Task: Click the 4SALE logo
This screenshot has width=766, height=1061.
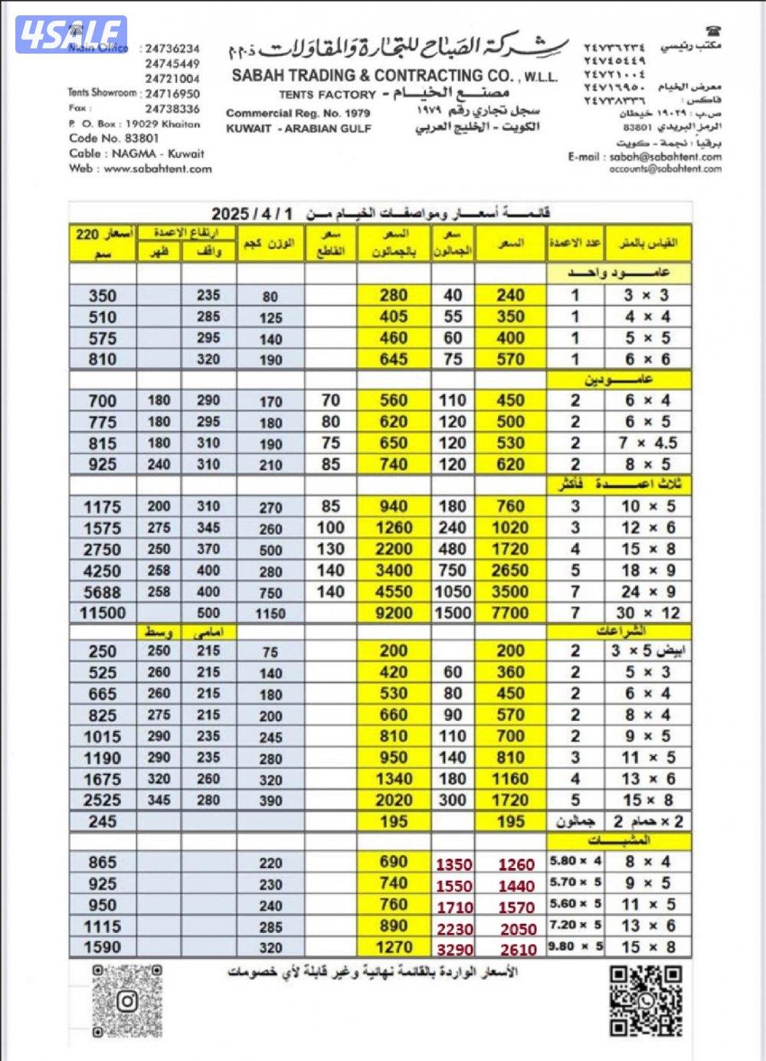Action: (x=71, y=34)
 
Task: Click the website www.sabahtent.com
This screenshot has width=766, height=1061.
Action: (x=158, y=169)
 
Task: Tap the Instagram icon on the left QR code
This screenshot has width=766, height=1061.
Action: (x=128, y=1001)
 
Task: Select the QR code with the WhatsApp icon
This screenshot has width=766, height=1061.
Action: (x=645, y=1000)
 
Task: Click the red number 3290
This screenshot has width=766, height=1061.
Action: (x=454, y=949)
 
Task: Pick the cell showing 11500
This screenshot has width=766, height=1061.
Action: (x=102, y=613)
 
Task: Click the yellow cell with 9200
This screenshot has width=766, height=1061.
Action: (x=394, y=613)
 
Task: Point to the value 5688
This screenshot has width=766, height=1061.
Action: (x=102, y=591)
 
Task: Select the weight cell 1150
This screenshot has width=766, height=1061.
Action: (x=270, y=614)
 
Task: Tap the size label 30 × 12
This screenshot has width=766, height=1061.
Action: (x=647, y=613)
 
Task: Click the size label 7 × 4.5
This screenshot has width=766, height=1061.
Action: (x=647, y=443)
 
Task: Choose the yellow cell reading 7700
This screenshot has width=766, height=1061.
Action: (x=510, y=613)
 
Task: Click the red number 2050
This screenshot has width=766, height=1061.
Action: (x=518, y=928)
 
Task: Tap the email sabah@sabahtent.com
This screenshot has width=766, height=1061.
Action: (x=665, y=156)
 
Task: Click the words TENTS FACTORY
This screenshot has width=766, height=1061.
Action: (x=327, y=94)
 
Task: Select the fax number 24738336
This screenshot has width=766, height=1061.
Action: (x=172, y=109)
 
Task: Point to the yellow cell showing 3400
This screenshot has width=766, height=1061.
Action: (x=394, y=571)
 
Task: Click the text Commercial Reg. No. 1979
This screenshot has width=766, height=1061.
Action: (x=298, y=113)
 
